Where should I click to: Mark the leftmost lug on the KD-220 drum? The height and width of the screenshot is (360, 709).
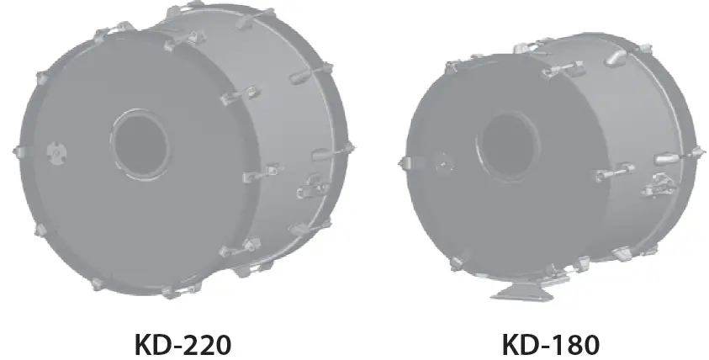[18, 151]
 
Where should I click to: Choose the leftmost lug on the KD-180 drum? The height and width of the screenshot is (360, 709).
[405, 159]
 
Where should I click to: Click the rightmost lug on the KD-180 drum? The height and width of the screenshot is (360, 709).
[696, 151]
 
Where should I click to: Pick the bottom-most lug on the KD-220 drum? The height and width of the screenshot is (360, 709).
[168, 291]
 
